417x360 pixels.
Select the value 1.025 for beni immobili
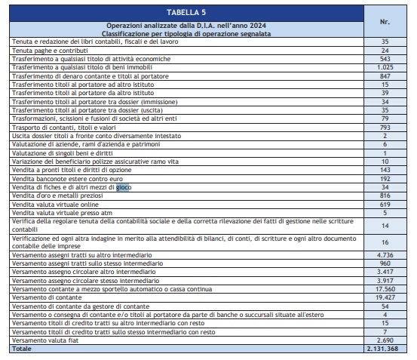pos(385,69)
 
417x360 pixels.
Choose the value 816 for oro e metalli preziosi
pos(385,195)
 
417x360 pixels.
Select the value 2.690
pos(385,341)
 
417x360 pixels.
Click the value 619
pos(385,204)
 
